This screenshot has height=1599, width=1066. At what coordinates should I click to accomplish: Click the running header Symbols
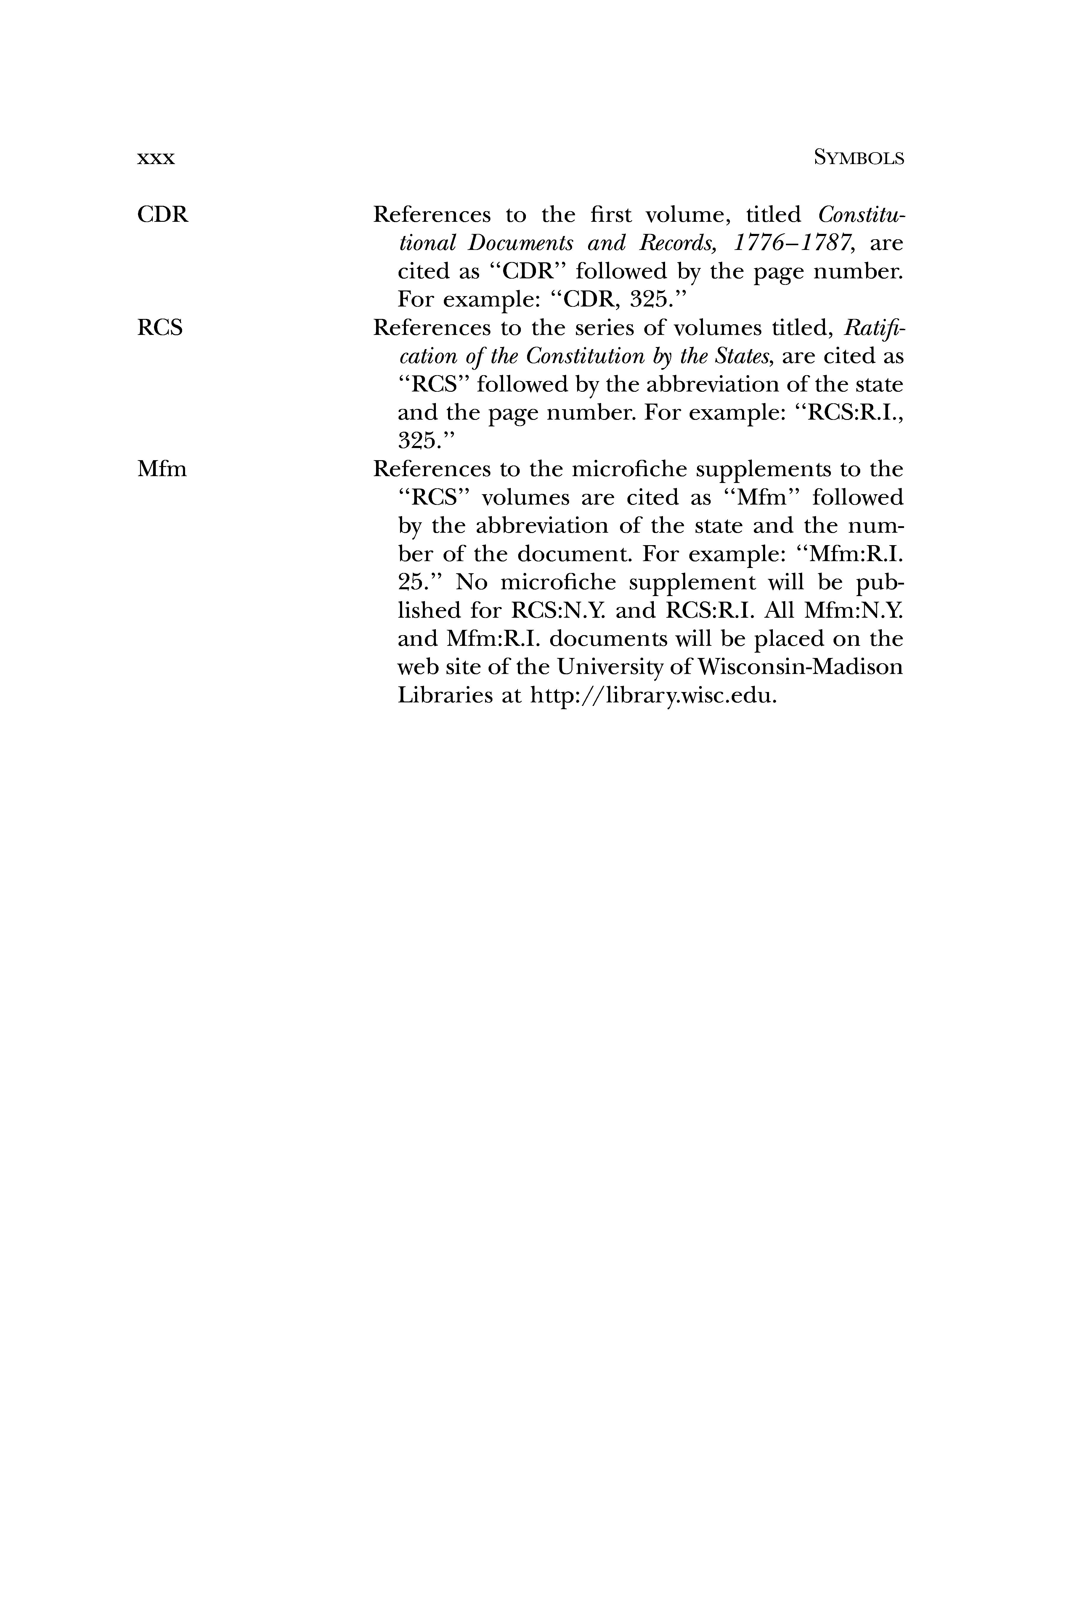click(x=859, y=158)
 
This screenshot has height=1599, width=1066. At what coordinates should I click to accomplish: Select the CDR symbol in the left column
click(x=163, y=215)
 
